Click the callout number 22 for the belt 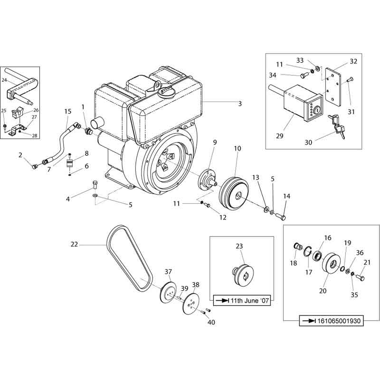(x=74, y=245)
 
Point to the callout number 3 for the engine (x=240, y=104)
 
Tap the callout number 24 (x=5, y=80)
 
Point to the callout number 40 (x=211, y=323)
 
